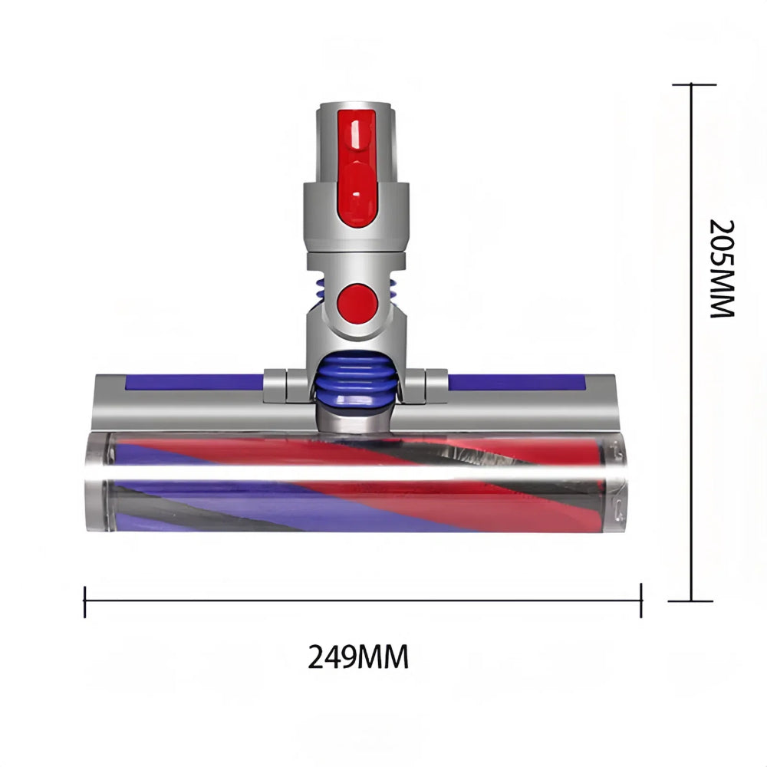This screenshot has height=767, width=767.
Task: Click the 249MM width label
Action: [x=358, y=657]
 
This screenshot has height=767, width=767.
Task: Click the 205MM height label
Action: [x=721, y=268]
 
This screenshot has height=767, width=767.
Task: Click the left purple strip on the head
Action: [x=192, y=382]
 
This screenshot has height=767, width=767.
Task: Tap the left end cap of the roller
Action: [x=97, y=482]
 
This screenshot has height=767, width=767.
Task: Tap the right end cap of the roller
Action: [x=616, y=482]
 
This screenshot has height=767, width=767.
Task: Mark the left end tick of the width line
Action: [x=84, y=601]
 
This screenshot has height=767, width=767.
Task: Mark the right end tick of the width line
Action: [x=640, y=601]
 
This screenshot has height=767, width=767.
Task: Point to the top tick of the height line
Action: [x=693, y=84]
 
